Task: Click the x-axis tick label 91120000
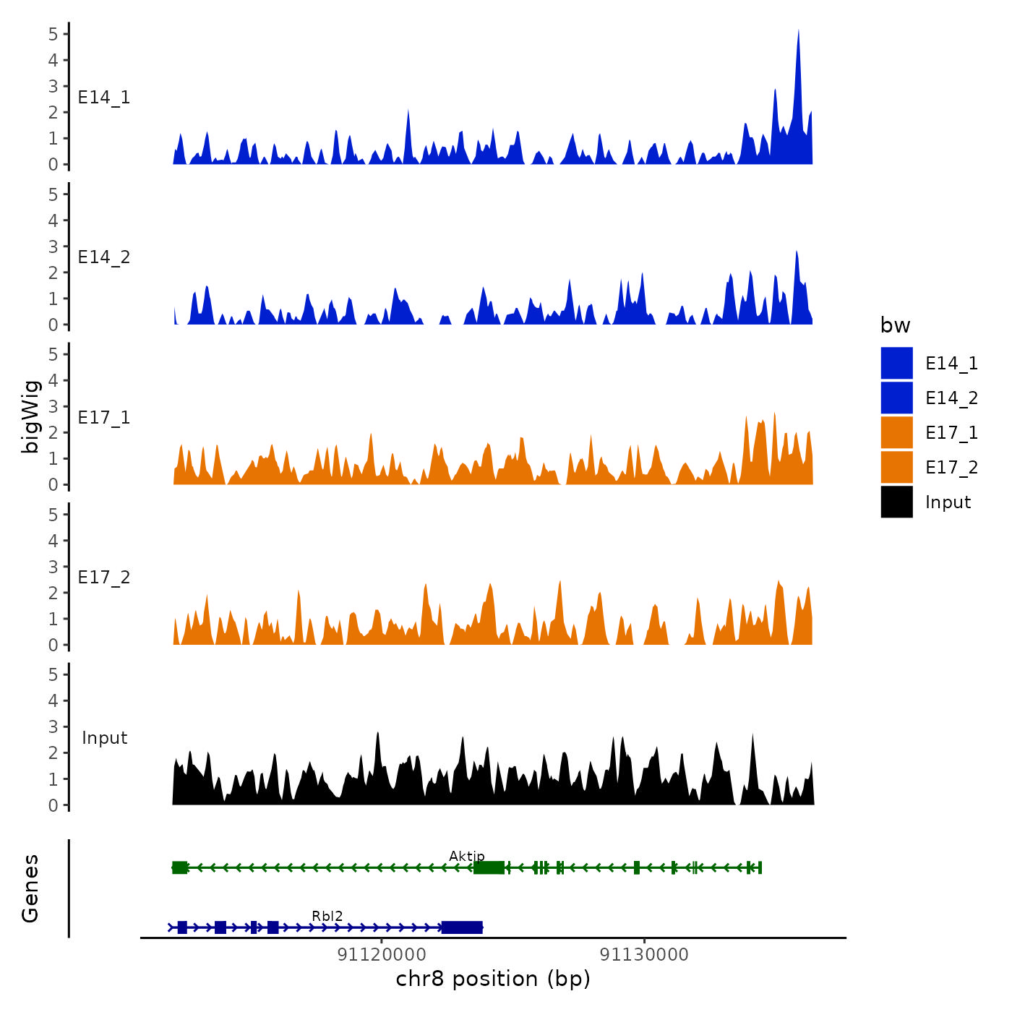pyautogui.click(x=382, y=954)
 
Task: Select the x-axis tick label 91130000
pyautogui.click(x=644, y=954)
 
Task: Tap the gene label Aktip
pyautogui.click(x=467, y=856)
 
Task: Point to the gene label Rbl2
pyautogui.click(x=327, y=916)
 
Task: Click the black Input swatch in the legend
pyautogui.click(x=896, y=502)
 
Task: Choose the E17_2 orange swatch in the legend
pyautogui.click(x=896, y=467)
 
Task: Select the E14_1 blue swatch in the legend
pyautogui.click(x=896, y=363)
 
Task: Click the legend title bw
pyautogui.click(x=895, y=325)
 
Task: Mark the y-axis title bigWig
pyautogui.click(x=30, y=417)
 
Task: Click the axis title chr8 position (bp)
pyautogui.click(x=493, y=979)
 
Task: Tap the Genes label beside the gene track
pyautogui.click(x=30, y=888)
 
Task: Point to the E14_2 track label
pyautogui.click(x=104, y=257)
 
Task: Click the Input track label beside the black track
pyautogui.click(x=104, y=737)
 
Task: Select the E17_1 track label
pyautogui.click(x=104, y=417)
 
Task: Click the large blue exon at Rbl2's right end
pyautogui.click(x=462, y=927)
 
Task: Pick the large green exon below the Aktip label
pyautogui.click(x=489, y=867)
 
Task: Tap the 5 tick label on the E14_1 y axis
pyautogui.click(x=53, y=34)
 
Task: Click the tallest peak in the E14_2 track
pyautogui.click(x=797, y=253)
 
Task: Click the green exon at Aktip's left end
pyautogui.click(x=180, y=867)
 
